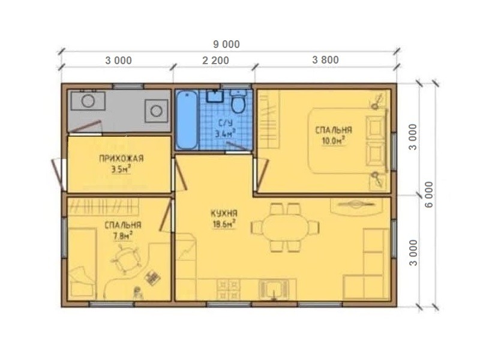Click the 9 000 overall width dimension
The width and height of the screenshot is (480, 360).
tap(226, 44)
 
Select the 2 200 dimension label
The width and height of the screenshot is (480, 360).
tap(215, 61)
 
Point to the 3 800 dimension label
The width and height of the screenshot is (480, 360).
tap(325, 60)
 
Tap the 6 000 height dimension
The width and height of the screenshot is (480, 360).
tap(429, 194)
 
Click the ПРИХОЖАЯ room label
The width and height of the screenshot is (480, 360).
tap(121, 158)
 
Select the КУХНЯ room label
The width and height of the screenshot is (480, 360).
tap(224, 214)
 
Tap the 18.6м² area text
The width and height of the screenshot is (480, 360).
tap(224, 224)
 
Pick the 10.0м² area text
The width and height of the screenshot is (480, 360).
tap(334, 140)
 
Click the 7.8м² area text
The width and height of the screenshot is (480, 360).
tap(123, 236)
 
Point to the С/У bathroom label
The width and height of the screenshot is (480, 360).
tap(226, 123)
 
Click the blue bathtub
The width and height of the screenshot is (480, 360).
tap(187, 120)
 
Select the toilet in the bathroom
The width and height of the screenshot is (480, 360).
tap(238, 101)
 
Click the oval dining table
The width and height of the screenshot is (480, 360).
tap(286, 227)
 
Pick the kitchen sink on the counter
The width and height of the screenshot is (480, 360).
tap(274, 289)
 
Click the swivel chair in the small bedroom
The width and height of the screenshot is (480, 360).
tap(125, 259)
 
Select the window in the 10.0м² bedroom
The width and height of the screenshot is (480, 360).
tap(394, 152)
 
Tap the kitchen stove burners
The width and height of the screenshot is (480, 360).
tap(229, 290)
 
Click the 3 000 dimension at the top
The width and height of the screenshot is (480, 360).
tap(118, 61)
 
